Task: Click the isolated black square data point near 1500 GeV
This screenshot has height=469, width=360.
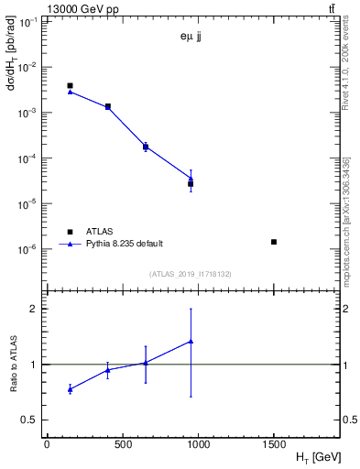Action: (x=274, y=242)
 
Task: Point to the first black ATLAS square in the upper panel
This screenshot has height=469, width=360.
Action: (x=70, y=85)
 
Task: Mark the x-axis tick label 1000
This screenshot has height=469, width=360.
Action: (x=198, y=444)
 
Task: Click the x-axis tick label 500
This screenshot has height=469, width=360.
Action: (x=122, y=444)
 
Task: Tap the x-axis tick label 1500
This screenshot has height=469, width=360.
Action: (x=274, y=444)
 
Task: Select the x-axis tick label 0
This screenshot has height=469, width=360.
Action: (x=47, y=444)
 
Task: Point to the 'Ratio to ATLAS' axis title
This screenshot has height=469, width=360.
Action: (x=14, y=365)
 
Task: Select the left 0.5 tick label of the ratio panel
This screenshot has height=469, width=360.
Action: (x=29, y=420)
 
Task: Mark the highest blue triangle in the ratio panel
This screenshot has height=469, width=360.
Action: (x=191, y=342)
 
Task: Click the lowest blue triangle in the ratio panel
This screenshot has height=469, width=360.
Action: (x=71, y=389)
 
